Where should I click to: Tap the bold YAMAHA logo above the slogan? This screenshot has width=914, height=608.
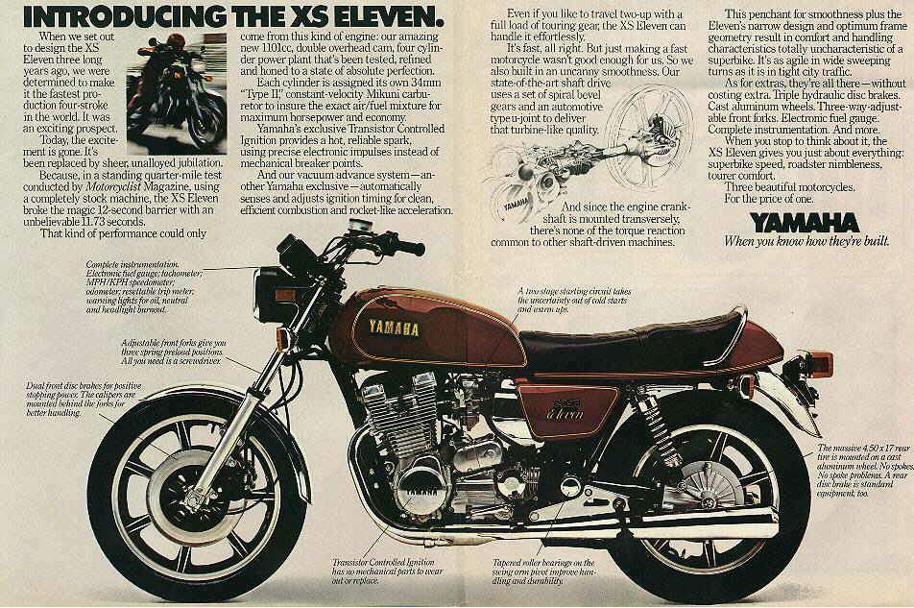pyautogui.click(x=804, y=222)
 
